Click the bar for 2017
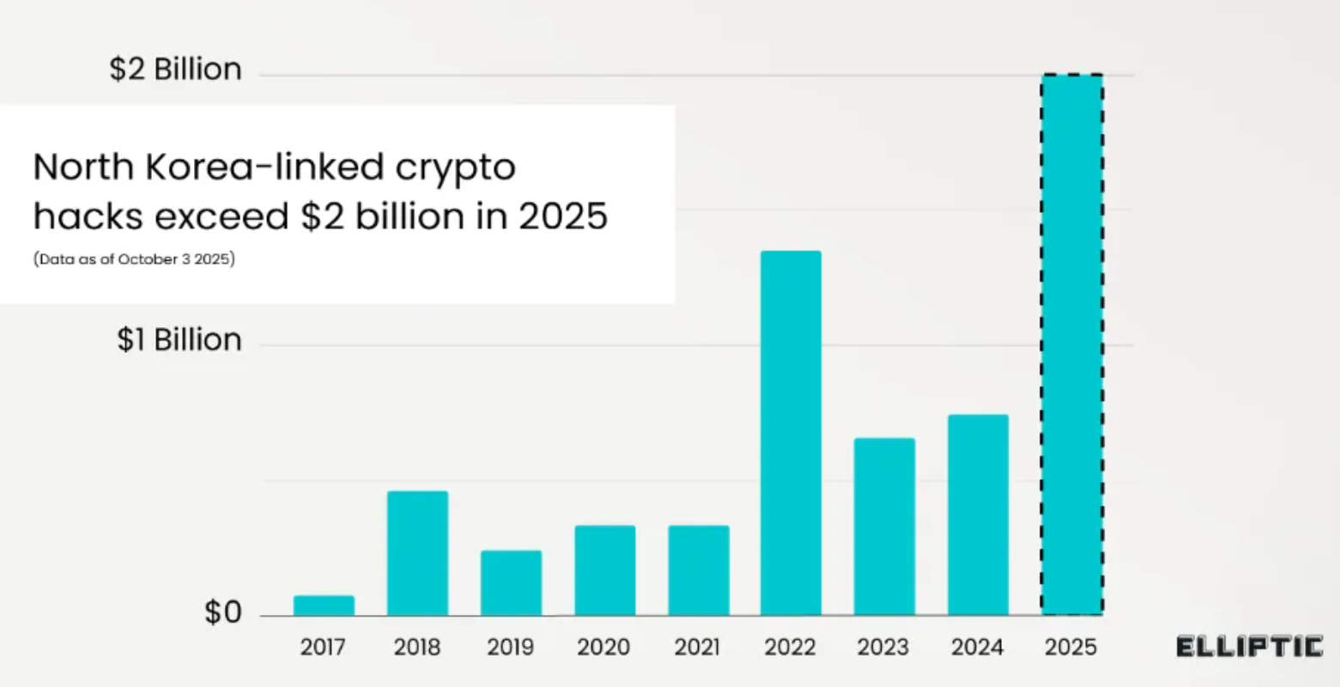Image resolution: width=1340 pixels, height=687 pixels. coord(324,605)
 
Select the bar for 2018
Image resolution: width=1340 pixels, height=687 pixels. coord(417,553)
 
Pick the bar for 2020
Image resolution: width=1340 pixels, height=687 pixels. coord(605,570)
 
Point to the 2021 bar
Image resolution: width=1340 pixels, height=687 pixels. coord(699,570)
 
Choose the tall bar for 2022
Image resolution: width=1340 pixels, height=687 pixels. coord(791,433)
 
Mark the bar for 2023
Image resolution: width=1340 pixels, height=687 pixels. coord(884,526)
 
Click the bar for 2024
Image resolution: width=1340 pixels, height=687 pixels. coord(978,514)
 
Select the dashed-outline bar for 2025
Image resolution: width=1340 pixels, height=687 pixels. coord(1071,344)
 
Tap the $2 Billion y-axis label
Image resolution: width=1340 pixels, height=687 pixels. coord(175,70)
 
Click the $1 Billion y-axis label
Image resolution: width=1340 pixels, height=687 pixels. coord(179,340)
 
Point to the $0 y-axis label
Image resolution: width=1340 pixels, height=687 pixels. coord(222,613)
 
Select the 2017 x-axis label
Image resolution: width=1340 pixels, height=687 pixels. coord(324,647)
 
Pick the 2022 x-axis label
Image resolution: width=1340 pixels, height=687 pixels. coord(791,647)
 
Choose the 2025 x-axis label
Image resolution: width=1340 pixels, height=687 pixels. coord(1070,647)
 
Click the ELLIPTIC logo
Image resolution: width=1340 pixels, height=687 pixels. coord(1249,647)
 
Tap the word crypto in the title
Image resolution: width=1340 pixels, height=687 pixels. coord(455,167)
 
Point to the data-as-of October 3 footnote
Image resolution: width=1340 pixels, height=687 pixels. coord(134,258)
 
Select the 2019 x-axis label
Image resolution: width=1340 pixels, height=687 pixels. coord(511,647)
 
